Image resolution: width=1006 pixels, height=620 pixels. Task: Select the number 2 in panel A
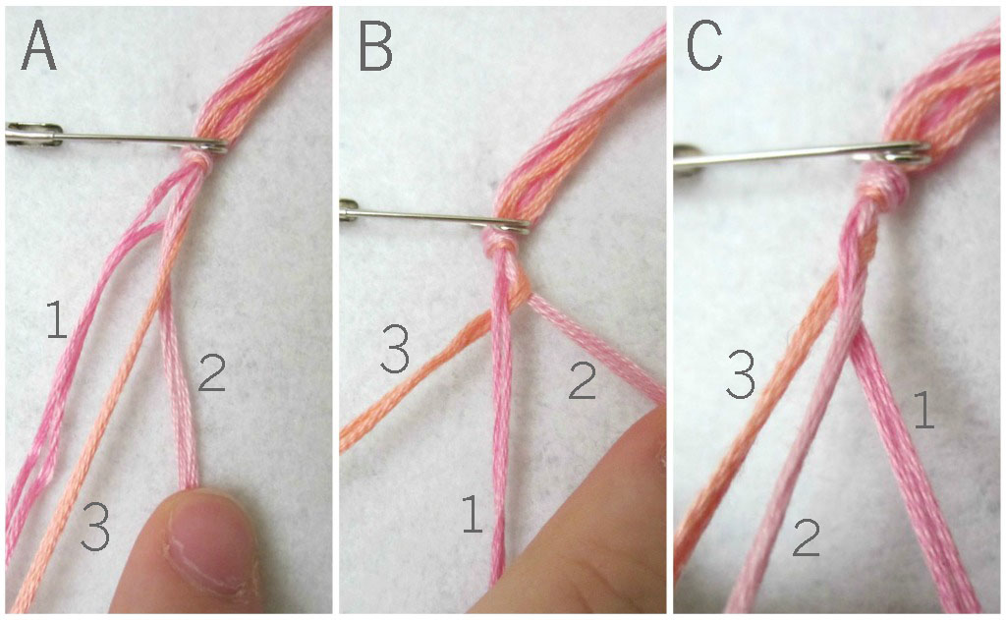(x=212, y=373)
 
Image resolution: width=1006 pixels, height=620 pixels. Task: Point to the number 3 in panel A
(x=95, y=527)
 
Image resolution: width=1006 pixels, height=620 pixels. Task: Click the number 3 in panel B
(x=395, y=349)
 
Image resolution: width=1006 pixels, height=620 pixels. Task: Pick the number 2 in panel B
(x=583, y=379)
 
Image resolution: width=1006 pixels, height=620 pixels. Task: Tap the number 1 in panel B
(x=473, y=514)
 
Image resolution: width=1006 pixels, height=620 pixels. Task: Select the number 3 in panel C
(x=741, y=373)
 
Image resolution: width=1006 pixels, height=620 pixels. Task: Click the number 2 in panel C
(x=807, y=537)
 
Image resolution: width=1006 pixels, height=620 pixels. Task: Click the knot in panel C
(x=888, y=182)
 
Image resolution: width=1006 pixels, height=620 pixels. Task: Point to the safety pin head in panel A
(x=33, y=133)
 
